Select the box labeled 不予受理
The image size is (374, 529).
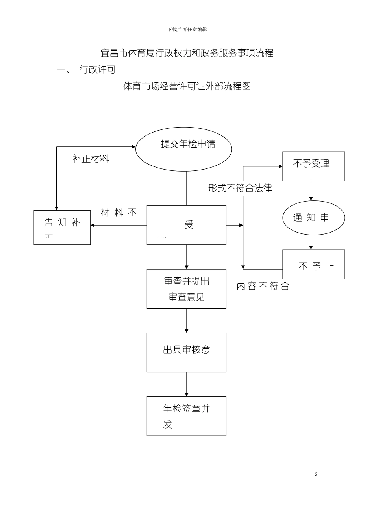pos(313,166)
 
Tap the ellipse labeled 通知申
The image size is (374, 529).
pos(313,218)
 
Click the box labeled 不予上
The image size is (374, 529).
pos(313,264)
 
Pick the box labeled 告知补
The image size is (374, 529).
pos(62,228)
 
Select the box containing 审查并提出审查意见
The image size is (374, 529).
pos(187,289)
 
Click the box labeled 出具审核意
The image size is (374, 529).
pos(187,352)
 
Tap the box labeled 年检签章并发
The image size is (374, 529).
pos(187,416)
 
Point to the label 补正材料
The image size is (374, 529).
pos(91,159)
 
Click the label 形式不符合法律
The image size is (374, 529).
pos(240,188)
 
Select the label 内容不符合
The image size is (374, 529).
pos(263,286)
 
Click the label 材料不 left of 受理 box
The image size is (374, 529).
pos(118,213)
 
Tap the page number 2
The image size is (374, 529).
pos(316,474)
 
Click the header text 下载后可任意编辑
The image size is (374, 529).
pos(187,30)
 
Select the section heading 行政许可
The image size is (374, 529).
pos(97,70)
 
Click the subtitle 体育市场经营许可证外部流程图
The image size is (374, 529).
pos(187,86)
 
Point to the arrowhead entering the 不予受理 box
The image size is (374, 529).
pos(280,166)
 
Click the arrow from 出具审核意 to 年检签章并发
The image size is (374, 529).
pos(187,384)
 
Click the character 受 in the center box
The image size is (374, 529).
pos(189,225)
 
